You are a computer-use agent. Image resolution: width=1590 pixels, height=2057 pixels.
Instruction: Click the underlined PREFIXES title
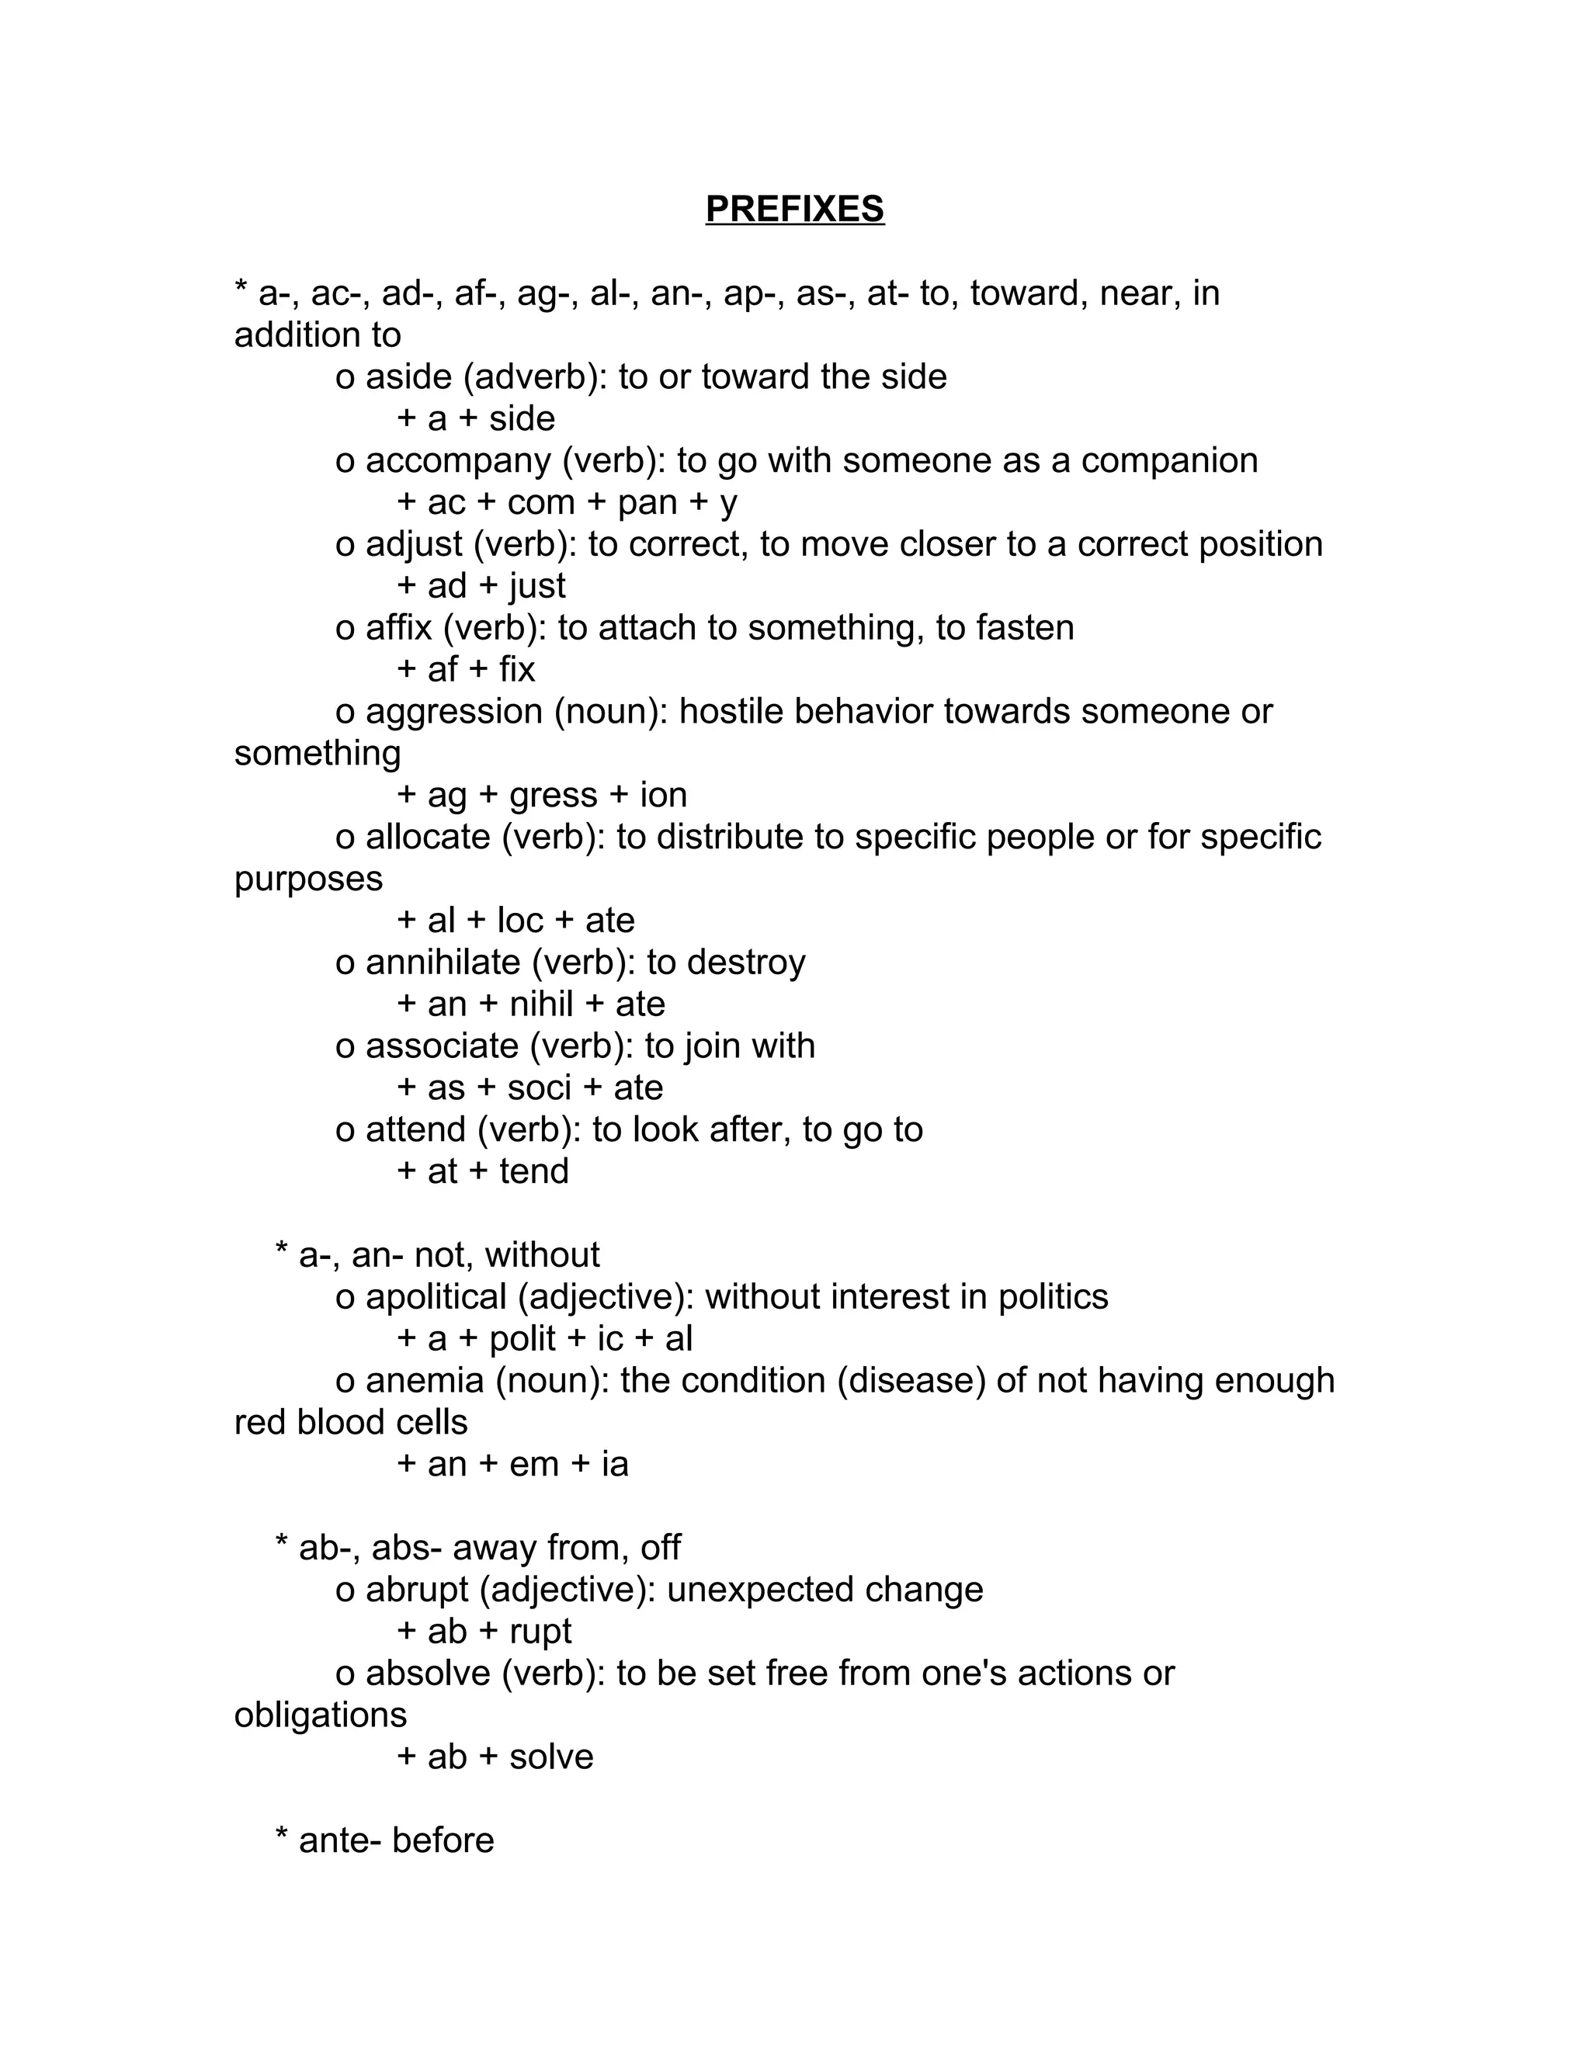tap(794, 209)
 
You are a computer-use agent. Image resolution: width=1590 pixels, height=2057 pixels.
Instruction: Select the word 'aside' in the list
tap(409, 376)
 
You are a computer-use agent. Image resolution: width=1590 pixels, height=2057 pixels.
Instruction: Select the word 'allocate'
tap(428, 836)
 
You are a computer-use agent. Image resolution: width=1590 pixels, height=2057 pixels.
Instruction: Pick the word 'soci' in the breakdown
tap(539, 1087)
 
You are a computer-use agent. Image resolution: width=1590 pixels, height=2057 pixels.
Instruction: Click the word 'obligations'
tap(321, 1715)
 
